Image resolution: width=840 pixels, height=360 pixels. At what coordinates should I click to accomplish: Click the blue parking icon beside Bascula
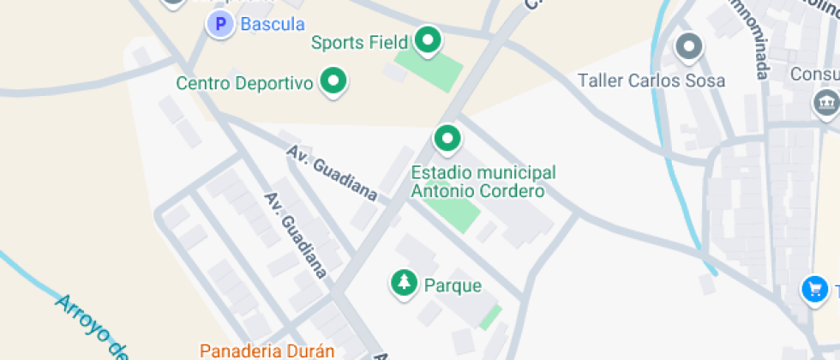coord(220,24)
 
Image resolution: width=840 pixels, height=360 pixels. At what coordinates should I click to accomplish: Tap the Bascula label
coord(273,24)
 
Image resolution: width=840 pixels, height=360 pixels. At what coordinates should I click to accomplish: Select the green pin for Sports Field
coord(427,39)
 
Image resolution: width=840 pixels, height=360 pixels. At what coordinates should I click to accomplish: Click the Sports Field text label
coord(359,42)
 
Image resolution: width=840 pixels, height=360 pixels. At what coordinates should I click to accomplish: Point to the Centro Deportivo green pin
coord(333,81)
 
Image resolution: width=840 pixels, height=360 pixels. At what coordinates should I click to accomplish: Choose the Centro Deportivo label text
coord(243,83)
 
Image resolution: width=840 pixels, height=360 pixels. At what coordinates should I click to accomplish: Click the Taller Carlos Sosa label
coord(651,81)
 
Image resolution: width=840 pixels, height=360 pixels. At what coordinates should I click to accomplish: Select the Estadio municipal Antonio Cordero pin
coord(446,137)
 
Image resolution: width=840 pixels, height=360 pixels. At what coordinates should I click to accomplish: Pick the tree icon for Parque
coord(403,283)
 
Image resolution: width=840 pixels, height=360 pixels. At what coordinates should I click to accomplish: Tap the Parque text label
coord(453,285)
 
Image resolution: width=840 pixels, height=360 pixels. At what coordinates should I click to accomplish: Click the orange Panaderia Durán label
coord(267,351)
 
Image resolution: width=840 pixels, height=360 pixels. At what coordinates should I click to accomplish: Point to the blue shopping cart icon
coord(813,289)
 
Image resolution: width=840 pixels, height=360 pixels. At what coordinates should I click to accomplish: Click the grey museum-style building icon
coord(826,104)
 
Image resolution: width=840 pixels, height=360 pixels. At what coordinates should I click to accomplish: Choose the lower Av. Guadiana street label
coord(296,234)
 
